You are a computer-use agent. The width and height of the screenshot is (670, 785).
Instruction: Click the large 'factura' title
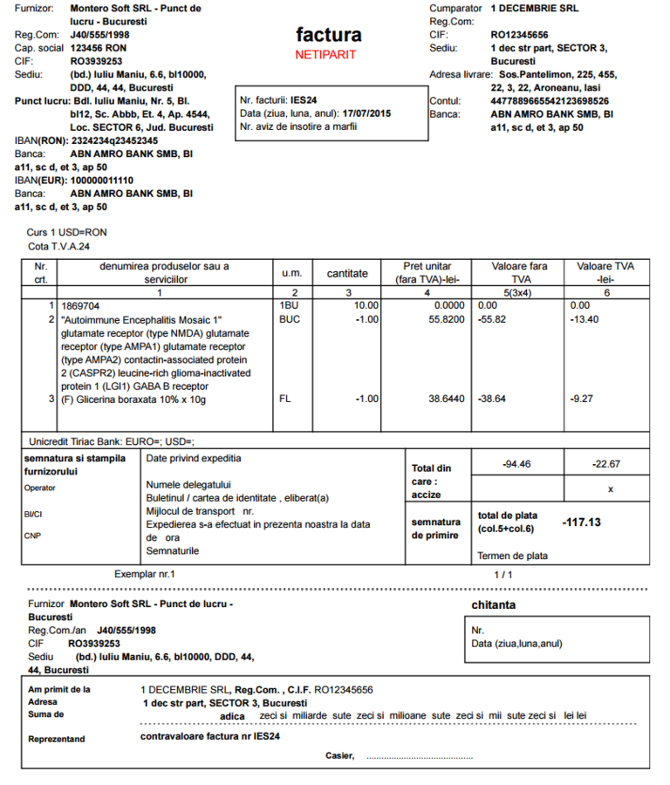[328, 35]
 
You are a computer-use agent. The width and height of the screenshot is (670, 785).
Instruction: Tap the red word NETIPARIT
[325, 54]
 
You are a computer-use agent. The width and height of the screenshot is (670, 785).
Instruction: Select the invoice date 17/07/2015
[367, 113]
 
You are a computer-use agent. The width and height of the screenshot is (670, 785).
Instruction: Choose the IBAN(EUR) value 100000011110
[102, 180]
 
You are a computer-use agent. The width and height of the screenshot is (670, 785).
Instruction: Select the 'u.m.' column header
[291, 273]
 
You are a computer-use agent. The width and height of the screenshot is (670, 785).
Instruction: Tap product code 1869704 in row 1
[80, 306]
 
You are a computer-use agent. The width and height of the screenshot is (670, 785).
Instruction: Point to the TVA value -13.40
[585, 320]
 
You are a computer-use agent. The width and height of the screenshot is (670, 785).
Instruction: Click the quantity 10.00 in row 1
[366, 306]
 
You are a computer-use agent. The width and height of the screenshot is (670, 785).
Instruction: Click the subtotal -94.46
[517, 464]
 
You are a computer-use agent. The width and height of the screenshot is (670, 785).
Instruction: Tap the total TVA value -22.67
[609, 464]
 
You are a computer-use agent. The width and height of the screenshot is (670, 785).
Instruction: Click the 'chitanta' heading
[493, 604]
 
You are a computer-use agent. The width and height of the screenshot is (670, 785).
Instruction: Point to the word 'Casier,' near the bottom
[340, 755]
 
